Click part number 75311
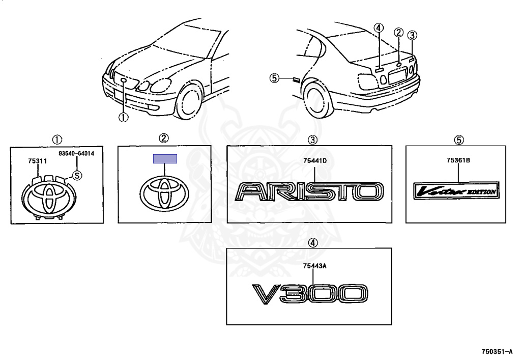tap(38, 161)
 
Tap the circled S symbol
tap(77, 176)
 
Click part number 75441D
tap(314, 161)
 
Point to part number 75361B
tap(458, 161)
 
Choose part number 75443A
tap(314, 266)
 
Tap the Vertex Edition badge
tap(456, 191)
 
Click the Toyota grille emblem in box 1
tap(46, 196)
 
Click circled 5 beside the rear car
tap(274, 78)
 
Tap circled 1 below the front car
tap(123, 117)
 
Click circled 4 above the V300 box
tap(313, 243)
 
